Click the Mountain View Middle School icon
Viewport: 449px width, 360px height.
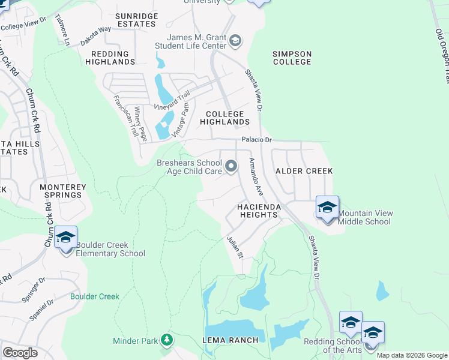[x=327, y=208]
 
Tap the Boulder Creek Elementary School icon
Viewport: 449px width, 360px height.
[x=65, y=238]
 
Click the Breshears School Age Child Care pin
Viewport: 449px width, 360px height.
[x=232, y=165]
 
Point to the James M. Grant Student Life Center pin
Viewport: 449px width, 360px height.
[x=235, y=41]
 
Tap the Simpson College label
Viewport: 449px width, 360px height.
[x=292, y=58]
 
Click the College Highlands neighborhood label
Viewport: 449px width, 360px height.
[x=225, y=118]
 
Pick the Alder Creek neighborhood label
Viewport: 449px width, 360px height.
[x=304, y=171]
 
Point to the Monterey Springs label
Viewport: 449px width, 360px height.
[x=61, y=191]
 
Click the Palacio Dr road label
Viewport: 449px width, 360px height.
[x=257, y=140]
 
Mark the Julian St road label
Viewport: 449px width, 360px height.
[x=234, y=247]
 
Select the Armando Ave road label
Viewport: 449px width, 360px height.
[x=256, y=177]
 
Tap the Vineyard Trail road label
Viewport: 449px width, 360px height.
[x=171, y=99]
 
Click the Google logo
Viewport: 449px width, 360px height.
[x=20, y=353]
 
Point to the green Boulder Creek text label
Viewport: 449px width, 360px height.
[x=94, y=296]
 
